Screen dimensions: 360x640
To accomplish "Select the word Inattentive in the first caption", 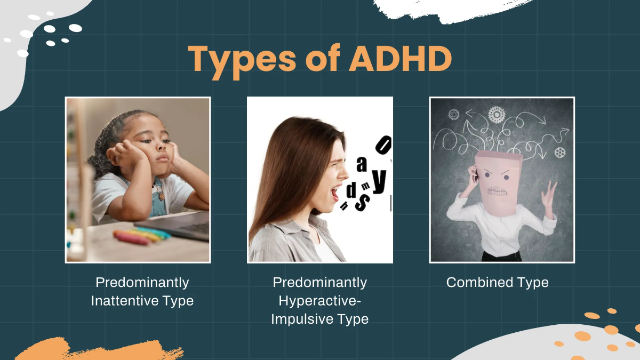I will (x=122, y=300).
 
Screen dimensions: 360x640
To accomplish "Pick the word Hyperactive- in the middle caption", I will (x=319, y=300).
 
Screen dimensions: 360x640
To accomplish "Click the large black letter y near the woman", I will (x=379, y=181).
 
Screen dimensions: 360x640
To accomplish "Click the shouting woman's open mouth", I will (x=334, y=193).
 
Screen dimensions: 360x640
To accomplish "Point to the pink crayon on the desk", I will (x=131, y=237).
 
